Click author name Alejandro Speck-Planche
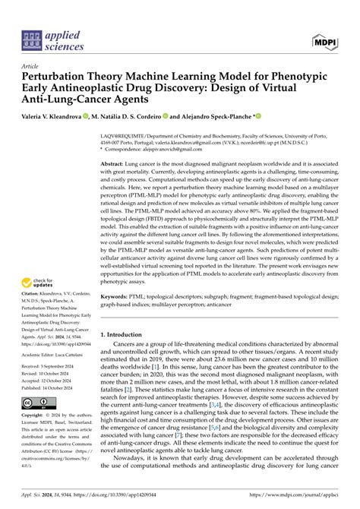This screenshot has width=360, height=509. point(216,117)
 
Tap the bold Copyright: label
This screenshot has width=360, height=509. point(35,416)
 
